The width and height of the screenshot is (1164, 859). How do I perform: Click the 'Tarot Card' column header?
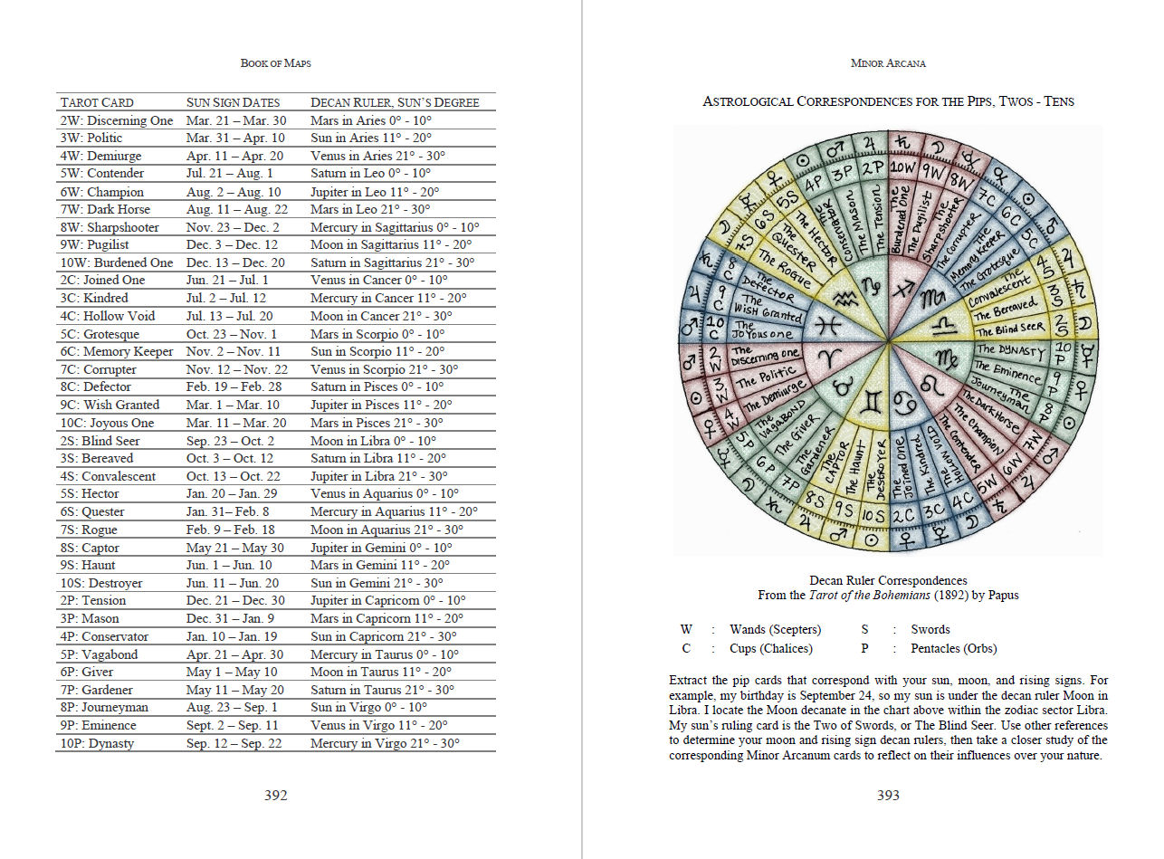pos(97,102)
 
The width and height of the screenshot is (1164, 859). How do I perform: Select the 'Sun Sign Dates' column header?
pos(233,102)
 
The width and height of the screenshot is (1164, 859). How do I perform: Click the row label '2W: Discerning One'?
pos(117,120)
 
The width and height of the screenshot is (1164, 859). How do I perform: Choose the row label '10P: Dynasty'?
pos(97,743)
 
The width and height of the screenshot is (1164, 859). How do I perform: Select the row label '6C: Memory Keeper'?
pos(117,351)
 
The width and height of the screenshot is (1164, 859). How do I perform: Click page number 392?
pos(275,795)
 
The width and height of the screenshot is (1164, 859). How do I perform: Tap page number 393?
pos(888,795)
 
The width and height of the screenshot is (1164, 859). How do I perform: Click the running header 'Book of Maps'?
pos(275,63)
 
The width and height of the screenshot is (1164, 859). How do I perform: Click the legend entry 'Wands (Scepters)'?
pos(775,629)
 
